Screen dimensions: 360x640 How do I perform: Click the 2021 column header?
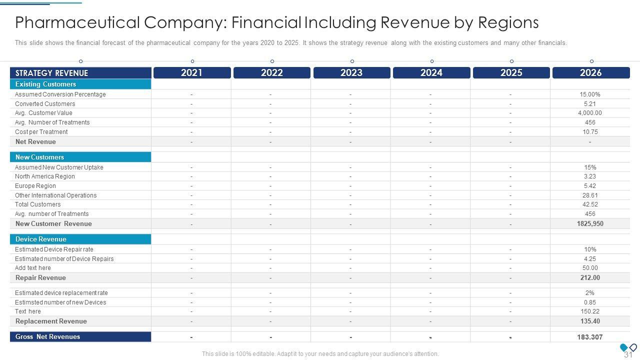192,73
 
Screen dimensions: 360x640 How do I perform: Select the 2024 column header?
431,73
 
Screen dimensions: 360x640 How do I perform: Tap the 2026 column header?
590,73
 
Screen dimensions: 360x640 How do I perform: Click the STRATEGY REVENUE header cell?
51,73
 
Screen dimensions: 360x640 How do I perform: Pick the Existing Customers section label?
45,84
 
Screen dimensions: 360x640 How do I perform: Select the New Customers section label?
39,157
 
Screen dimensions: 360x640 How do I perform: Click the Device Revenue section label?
40,239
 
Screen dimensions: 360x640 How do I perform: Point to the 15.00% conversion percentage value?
590,94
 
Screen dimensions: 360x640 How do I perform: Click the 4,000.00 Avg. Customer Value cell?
590,113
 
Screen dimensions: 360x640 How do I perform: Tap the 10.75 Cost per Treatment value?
590,132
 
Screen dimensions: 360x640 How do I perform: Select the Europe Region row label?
35,186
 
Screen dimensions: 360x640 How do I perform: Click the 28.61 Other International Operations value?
590,195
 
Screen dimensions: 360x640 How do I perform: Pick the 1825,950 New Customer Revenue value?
590,224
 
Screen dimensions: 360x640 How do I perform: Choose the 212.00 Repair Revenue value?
590,278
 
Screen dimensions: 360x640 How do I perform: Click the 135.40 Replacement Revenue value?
590,321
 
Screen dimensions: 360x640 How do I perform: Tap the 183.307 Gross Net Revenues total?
590,337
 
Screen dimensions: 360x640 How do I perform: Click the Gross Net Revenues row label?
47,337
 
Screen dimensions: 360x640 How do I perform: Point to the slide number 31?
628,354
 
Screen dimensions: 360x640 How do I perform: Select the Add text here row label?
33,268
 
